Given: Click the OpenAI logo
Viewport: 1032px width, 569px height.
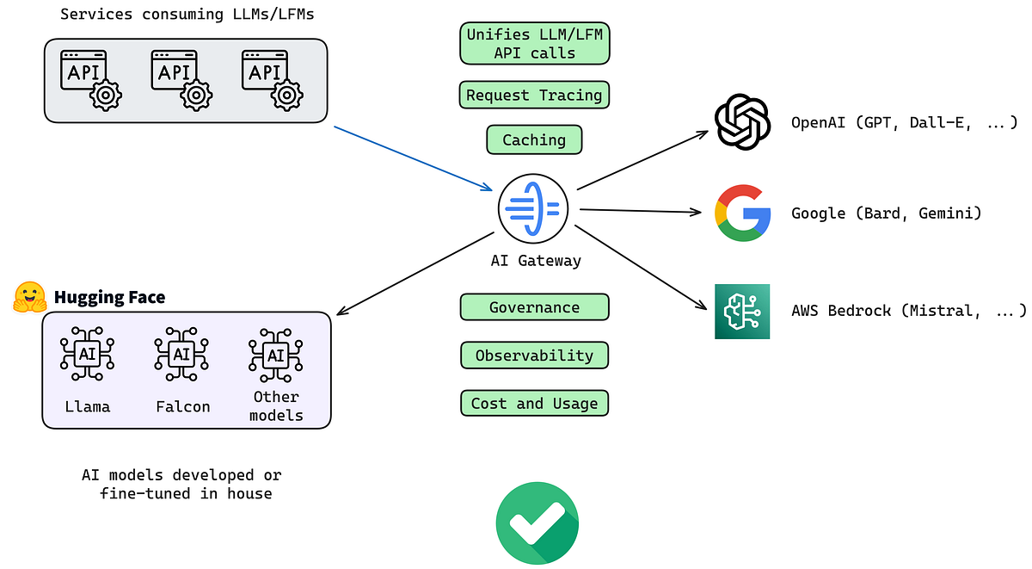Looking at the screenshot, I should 741,122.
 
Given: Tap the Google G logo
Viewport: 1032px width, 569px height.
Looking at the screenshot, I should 741,213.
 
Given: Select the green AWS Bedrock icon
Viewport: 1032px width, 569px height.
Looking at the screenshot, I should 741,311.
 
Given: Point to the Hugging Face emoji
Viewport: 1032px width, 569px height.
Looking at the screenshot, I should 31,297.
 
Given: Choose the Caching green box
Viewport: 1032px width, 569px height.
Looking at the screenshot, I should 534,139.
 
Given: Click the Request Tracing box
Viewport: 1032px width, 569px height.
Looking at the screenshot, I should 534,95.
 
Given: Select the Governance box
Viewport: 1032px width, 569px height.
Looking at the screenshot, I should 534,307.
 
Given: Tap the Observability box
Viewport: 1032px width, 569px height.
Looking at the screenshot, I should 534,355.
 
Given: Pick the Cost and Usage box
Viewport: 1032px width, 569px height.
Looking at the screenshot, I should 534,403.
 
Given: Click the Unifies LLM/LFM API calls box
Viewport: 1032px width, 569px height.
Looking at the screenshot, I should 534,43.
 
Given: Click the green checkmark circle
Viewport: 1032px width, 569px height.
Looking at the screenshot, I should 537,523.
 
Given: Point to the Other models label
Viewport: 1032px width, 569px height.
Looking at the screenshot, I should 276,405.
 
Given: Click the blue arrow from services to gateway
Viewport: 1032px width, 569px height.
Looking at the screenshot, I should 413,158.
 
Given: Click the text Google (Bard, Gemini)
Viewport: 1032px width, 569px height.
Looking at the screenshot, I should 886,213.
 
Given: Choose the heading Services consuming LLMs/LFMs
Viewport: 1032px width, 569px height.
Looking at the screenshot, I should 186,14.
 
